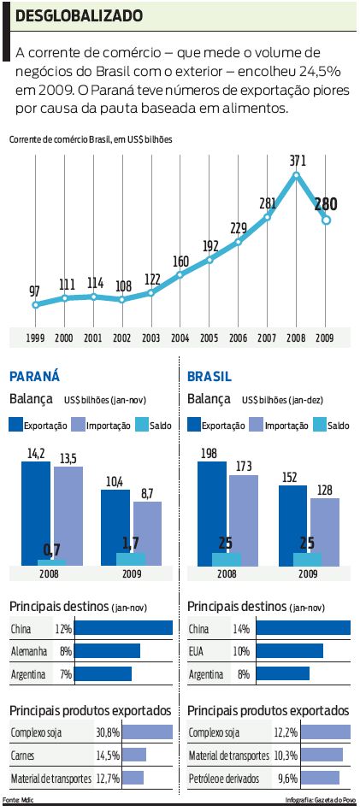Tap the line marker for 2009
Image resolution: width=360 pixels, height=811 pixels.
pyautogui.click(x=326, y=220)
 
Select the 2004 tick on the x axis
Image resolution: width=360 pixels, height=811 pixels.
pyautogui.click(x=180, y=338)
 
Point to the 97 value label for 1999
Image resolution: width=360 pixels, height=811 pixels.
pyautogui.click(x=35, y=291)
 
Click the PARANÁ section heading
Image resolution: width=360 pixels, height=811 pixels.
pyautogui.click(x=34, y=376)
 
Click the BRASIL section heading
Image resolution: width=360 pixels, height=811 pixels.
pyautogui.click(x=210, y=376)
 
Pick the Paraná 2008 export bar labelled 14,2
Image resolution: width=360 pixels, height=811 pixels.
pyautogui.click(x=36, y=513)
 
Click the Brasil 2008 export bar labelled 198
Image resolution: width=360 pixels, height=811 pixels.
pyautogui.click(x=212, y=513)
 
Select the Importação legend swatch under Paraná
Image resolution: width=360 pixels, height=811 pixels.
pyautogui.click(x=79, y=424)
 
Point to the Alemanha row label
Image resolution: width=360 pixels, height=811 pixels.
pyautogui.click(x=29, y=651)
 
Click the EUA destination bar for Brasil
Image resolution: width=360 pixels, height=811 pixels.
pyautogui.click(x=289, y=651)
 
